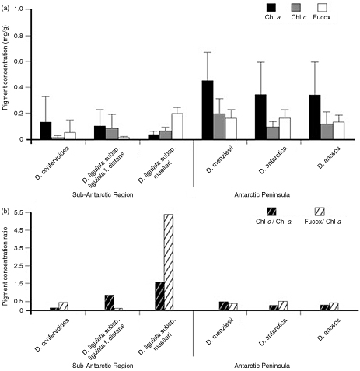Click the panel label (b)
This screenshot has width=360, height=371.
pyautogui.click(x=6, y=209)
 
